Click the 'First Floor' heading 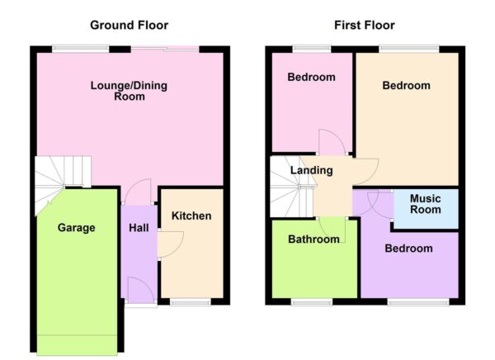pos(364,25)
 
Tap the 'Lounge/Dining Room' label pos(130,91)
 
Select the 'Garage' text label pos(76,228)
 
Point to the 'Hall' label pos(139,228)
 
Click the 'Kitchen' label pos(191,216)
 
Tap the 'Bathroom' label pos(313,240)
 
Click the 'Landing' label pos(311,171)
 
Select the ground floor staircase pos(63,177)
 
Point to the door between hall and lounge pos(139,192)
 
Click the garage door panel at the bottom pos(77,343)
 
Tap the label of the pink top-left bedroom pos(311,78)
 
